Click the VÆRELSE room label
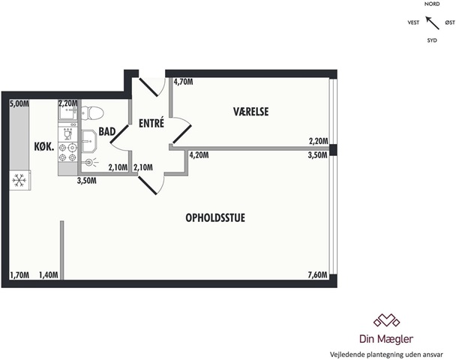(250, 112)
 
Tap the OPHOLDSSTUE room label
(215, 217)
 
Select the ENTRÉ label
(151, 123)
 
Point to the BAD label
(107, 131)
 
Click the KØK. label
(44, 147)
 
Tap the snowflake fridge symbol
(19, 180)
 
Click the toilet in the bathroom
(92, 112)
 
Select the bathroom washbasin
(88, 141)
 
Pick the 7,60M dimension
(317, 274)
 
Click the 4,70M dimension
(183, 82)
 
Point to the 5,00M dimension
(19, 103)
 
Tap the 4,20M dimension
(199, 155)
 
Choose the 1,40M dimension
(49, 275)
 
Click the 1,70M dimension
(19, 275)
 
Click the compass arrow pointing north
(433, 23)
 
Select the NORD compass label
(432, 4)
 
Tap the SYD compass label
(432, 40)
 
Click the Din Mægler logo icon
(386, 320)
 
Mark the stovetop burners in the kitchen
(67, 152)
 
